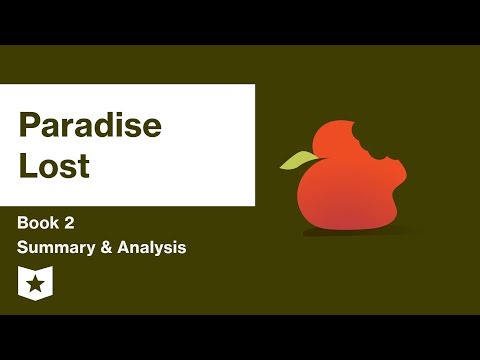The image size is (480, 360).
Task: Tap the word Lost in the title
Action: coord(54,166)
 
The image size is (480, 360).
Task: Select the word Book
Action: coord(37,223)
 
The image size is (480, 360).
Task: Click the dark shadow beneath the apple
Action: coord(345,233)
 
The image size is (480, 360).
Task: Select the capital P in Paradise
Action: coord(29,127)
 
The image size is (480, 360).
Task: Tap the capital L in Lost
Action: coord(26,166)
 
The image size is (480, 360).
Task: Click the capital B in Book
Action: coord(22,223)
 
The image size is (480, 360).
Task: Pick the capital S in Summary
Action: coord(22,247)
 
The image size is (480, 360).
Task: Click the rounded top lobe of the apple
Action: coord(340,140)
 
